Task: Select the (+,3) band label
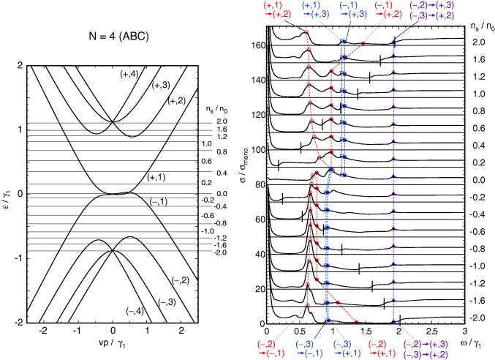163,86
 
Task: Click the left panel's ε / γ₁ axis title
9,193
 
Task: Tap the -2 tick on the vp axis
45,331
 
